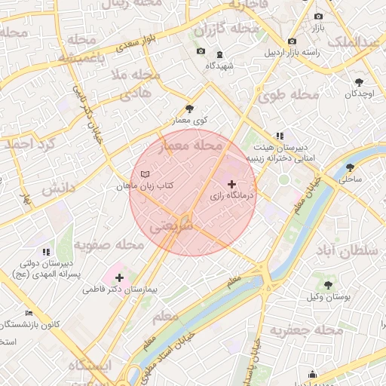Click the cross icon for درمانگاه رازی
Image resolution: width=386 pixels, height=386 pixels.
pyautogui.click(x=231, y=184)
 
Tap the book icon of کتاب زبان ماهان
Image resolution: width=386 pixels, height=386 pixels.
pyautogui.click(x=146, y=174)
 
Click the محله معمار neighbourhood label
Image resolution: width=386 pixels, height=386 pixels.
pyautogui.click(x=198, y=144)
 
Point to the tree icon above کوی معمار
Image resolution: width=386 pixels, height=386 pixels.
pyautogui.click(x=188, y=109)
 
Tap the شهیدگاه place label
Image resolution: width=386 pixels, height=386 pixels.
pyautogui.click(x=220, y=66)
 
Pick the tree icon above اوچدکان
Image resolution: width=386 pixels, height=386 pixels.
pyautogui.click(x=359, y=81)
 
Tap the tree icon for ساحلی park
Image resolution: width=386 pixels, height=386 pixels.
pyautogui.click(x=350, y=167)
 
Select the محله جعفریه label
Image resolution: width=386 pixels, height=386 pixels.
pyautogui.click(x=301, y=330)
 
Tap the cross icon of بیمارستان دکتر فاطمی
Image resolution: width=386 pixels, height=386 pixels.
pyautogui.click(x=119, y=278)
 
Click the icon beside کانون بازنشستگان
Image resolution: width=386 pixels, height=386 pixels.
pyautogui.click(x=29, y=312)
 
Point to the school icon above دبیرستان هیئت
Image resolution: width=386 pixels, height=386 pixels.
pyautogui.click(x=280, y=136)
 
